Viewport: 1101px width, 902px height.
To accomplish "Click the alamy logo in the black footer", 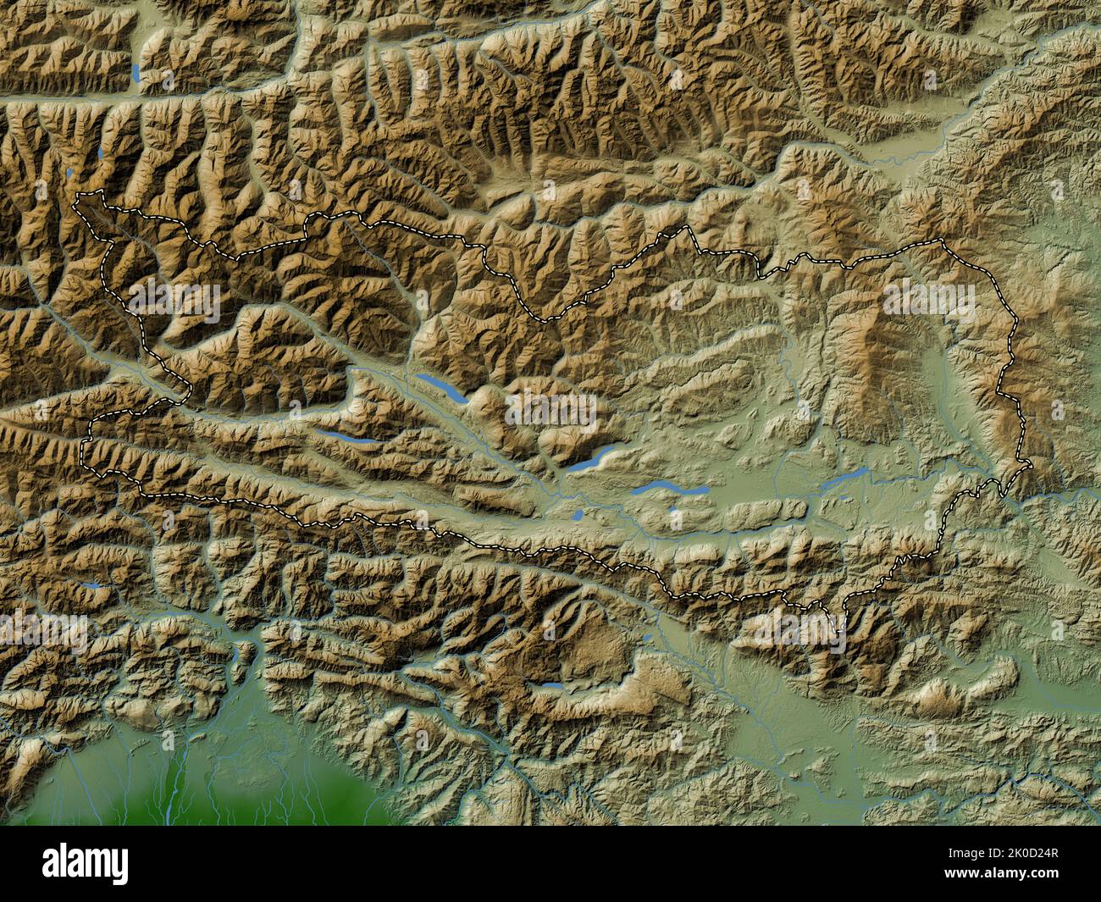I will pyautogui.click(x=86, y=863).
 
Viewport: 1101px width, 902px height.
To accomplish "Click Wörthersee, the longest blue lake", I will pyautogui.click(x=670, y=490).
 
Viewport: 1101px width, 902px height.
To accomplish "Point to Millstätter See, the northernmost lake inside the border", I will pyautogui.click(x=441, y=387).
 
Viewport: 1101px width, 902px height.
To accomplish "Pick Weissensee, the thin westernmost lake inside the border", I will pyautogui.click(x=349, y=440).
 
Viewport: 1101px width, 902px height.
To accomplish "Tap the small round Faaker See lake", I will pyautogui.click(x=576, y=514).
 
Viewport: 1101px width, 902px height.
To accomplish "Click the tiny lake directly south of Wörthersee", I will pyautogui.click(x=675, y=512).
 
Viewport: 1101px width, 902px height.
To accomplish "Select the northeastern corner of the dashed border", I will pyautogui.click(x=940, y=241).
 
